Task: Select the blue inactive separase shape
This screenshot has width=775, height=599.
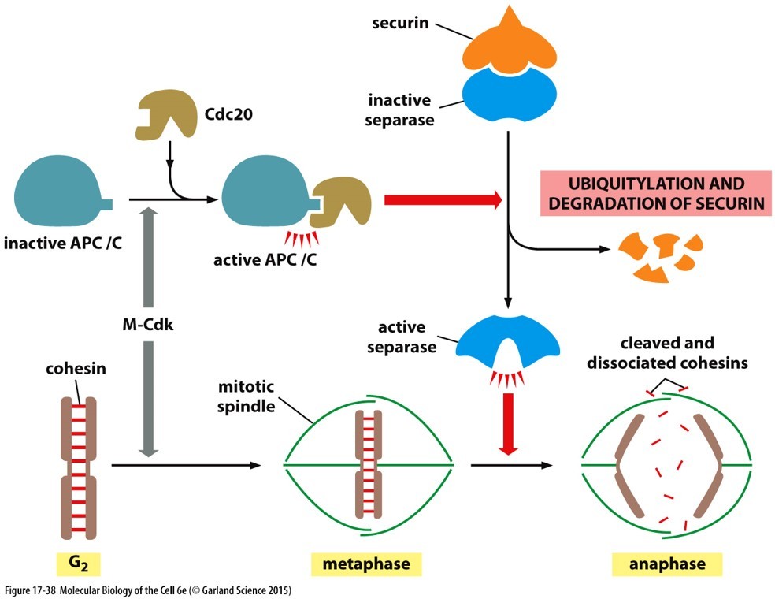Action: (x=510, y=95)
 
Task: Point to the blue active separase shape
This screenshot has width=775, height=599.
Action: (x=507, y=340)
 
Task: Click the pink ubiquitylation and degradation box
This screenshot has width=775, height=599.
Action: (x=656, y=193)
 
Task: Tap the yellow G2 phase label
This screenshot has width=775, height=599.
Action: (x=79, y=564)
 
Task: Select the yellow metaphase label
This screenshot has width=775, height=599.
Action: (x=366, y=564)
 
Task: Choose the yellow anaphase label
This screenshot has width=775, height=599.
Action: (x=667, y=564)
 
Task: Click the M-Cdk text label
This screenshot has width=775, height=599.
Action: (x=148, y=325)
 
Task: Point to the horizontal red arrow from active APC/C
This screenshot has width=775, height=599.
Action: (x=443, y=200)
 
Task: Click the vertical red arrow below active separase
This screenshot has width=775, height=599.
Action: (x=507, y=424)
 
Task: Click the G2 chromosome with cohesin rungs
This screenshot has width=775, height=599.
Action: (x=79, y=467)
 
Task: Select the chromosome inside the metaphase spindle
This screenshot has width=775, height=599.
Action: (x=369, y=463)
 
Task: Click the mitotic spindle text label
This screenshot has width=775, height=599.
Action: (x=247, y=396)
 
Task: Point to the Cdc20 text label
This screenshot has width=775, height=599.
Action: (x=229, y=114)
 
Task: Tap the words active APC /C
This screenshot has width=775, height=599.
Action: (x=265, y=259)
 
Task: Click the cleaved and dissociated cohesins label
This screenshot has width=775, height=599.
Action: (x=667, y=352)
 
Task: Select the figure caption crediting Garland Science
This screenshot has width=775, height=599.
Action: (x=148, y=590)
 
